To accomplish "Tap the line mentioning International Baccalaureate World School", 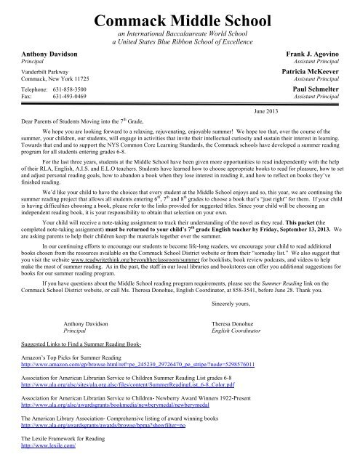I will pyautogui.click(x=179, y=34).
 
